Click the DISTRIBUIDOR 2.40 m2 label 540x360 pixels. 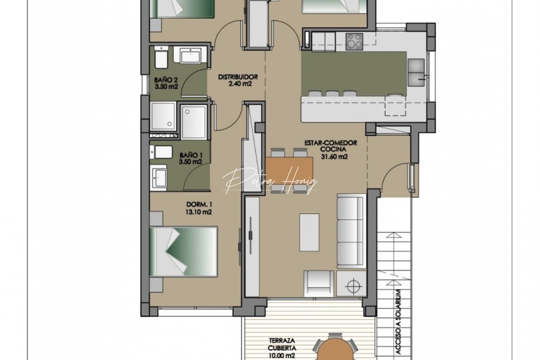pos(238,80)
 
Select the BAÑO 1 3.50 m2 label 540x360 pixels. pos(191,158)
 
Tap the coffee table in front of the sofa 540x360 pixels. pos(309,232)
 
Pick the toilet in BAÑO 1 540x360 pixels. pos(161,152)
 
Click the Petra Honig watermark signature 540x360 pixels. pos(270,181)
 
